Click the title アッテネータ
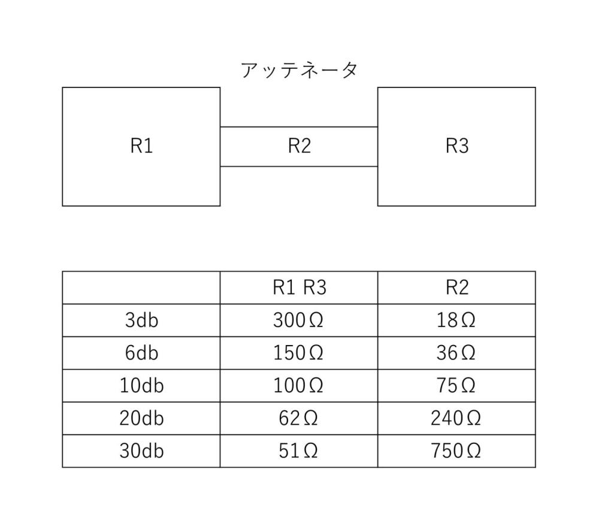click(x=299, y=70)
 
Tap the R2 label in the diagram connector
click(x=299, y=146)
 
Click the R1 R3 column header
click(x=299, y=288)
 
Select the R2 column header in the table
click(x=457, y=288)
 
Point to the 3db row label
click(x=141, y=320)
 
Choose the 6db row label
click(x=141, y=353)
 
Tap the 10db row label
click(x=141, y=386)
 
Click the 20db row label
click(x=141, y=418)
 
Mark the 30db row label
click(x=141, y=451)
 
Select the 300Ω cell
click(x=298, y=320)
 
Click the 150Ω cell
click(x=298, y=353)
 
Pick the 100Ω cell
click(x=298, y=386)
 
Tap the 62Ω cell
click(x=298, y=418)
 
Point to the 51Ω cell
click(x=298, y=451)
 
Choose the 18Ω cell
click(x=456, y=320)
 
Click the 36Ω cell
click(x=456, y=353)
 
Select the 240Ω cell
click(x=456, y=418)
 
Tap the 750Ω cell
click(x=456, y=451)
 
